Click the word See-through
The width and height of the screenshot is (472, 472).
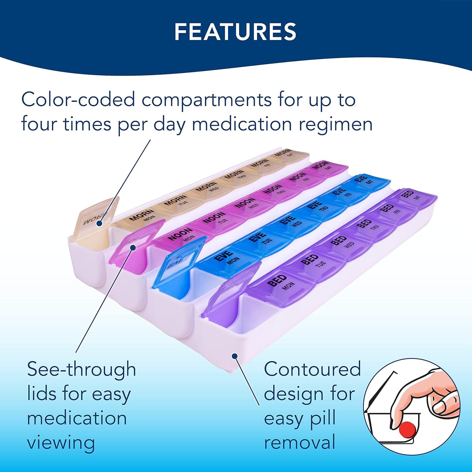[81, 369]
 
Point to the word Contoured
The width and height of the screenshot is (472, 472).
[312, 369]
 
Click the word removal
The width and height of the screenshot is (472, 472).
[300, 443]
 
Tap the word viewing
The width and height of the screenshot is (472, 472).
[61, 443]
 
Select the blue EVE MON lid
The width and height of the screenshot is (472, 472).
[229, 258]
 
